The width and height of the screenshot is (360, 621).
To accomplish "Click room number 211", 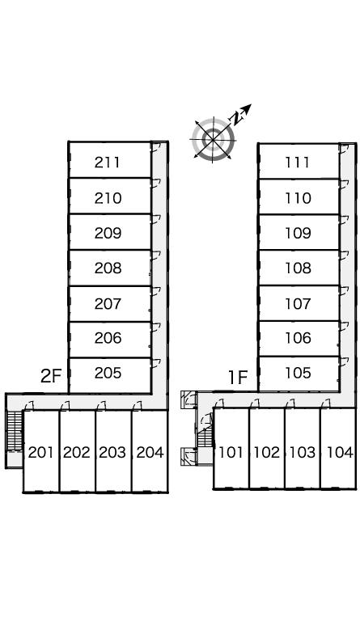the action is tap(108, 163).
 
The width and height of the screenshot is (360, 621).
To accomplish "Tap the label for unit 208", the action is tap(108, 268).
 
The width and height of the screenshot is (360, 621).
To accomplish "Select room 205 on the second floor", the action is tap(108, 373).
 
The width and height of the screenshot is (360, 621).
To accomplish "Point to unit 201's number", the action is tap(40, 452).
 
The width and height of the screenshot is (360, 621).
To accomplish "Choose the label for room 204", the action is tap(150, 452).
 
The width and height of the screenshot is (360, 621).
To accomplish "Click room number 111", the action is tap(298, 163).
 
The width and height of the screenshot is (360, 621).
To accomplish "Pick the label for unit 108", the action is tap(298, 268).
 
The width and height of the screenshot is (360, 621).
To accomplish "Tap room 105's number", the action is tap(298, 373).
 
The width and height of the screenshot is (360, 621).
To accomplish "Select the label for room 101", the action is tap(231, 452).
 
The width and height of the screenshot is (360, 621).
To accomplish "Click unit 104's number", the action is tap(341, 452).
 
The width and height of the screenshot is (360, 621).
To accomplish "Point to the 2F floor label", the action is tap(51, 376).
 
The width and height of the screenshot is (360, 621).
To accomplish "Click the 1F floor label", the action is tap(238, 378).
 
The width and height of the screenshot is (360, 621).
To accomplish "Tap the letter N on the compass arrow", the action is tap(237, 117).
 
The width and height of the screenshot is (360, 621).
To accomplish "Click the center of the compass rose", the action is tap(214, 139).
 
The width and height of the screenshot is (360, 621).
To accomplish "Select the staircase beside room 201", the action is tap(15, 431).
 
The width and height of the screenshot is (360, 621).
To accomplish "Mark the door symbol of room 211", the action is tap(155, 147).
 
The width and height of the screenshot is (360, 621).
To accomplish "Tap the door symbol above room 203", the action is tap(101, 406).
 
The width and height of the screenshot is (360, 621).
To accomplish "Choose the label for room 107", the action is tap(298, 304).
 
